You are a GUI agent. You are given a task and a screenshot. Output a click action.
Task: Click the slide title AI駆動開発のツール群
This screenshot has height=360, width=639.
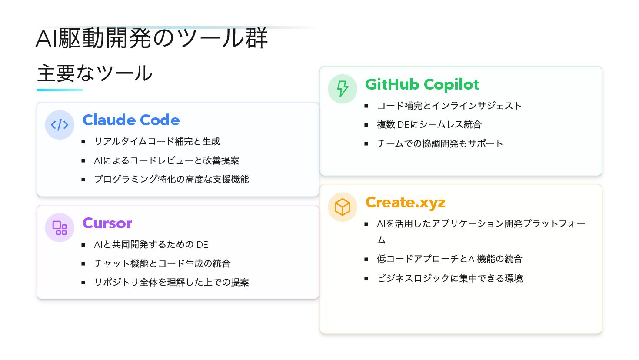click(x=152, y=38)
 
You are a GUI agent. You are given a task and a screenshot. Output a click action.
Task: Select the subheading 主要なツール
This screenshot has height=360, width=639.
click(x=95, y=73)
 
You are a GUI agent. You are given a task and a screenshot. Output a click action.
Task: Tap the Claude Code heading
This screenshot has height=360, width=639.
click(x=131, y=120)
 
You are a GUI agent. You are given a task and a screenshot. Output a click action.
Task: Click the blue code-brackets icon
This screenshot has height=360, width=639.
click(x=60, y=125)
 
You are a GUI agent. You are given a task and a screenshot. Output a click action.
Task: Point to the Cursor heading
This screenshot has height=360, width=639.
click(x=107, y=223)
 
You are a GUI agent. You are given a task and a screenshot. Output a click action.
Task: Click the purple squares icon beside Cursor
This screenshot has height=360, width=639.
click(x=60, y=228)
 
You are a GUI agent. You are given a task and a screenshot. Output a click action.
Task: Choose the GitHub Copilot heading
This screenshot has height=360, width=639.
click(x=422, y=85)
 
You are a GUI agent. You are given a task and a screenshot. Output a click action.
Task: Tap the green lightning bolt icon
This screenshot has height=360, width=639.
click(x=343, y=89)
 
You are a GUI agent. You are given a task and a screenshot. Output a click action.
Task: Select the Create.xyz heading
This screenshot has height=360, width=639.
click(x=406, y=203)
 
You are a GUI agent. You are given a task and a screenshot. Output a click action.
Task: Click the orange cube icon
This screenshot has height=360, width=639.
click(x=343, y=207)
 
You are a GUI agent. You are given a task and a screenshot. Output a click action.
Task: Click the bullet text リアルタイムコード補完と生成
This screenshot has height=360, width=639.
click(x=157, y=141)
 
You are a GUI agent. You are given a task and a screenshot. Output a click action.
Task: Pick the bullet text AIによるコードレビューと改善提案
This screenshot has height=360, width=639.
click(x=166, y=160)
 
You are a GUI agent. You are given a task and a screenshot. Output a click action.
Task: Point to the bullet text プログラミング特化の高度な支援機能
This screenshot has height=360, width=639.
click(x=171, y=179)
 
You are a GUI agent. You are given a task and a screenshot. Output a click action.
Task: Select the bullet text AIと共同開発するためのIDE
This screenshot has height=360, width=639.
click(x=151, y=244)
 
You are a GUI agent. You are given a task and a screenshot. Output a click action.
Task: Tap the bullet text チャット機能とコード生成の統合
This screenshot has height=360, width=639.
click(x=162, y=263)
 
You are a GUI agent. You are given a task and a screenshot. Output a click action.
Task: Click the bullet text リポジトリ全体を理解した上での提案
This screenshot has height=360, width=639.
click(x=171, y=282)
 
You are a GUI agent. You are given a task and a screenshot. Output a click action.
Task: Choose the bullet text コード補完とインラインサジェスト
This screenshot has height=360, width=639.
click(x=449, y=106)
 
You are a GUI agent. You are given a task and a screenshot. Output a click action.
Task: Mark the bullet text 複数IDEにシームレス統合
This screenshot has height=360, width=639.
click(x=429, y=125)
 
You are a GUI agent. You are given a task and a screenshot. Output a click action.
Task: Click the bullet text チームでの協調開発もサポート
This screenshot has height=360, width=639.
click(x=440, y=143)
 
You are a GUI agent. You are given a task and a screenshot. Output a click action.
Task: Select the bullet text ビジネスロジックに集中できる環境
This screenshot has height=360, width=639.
click(x=450, y=278)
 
